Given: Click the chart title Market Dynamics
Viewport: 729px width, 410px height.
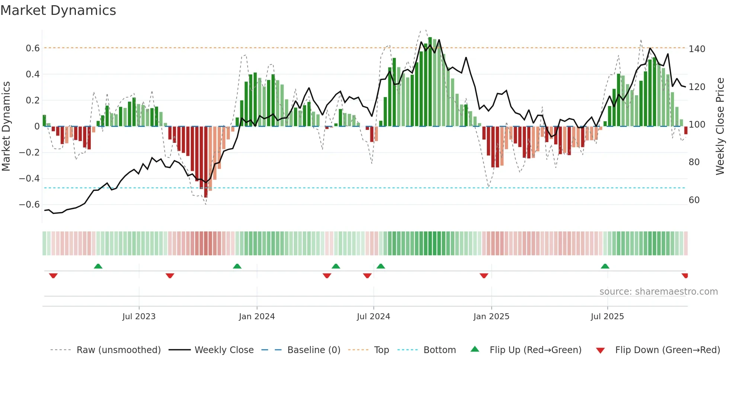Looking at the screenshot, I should (58, 10).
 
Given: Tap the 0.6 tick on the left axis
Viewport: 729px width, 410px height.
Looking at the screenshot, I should (32, 48).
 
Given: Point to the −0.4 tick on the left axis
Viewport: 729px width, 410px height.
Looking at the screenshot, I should (29, 179).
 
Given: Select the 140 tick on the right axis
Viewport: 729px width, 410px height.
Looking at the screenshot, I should (697, 49).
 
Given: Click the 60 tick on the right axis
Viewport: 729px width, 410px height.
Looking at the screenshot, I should (694, 200).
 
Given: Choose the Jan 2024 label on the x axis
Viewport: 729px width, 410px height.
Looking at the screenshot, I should (257, 317).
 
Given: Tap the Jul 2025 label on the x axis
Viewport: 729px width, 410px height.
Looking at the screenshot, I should (607, 317).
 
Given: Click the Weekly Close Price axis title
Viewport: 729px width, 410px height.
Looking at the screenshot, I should (720, 126).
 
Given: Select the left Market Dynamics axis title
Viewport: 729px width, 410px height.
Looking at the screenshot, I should (6, 126).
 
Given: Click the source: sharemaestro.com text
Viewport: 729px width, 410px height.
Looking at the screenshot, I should (658, 292).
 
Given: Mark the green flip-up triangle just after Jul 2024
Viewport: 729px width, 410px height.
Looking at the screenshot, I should (380, 266).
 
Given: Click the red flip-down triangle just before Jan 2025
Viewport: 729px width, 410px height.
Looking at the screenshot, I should (484, 276).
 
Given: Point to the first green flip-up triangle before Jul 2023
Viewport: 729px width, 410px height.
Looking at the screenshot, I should (98, 266).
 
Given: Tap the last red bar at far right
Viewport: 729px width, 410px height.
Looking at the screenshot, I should (685, 130).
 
